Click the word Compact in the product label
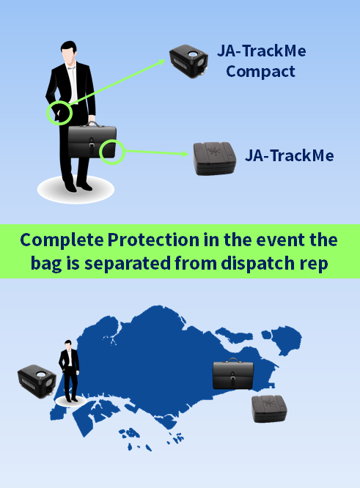pyautogui.click(x=260, y=72)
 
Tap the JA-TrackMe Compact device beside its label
pyautogui.click(x=188, y=61)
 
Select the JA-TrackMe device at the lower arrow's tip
pyautogui.click(x=215, y=158)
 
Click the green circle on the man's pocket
pyautogui.click(x=59, y=113)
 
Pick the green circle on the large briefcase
pyautogui.click(x=112, y=152)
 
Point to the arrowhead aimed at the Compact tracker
pyautogui.click(x=161, y=62)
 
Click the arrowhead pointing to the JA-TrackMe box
pyautogui.click(x=185, y=154)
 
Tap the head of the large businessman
pyautogui.click(x=68, y=53)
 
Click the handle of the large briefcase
pyautogui.click(x=92, y=124)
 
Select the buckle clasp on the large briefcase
pyautogui.click(x=91, y=146)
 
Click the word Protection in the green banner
pyautogui.click(x=153, y=240)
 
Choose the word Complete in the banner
pyautogui.click(x=62, y=240)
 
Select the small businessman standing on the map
pyautogui.click(x=69, y=371)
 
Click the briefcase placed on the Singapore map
pyautogui.click(x=233, y=374)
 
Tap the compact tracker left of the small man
pyautogui.click(x=37, y=381)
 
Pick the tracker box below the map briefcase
pyautogui.click(x=269, y=409)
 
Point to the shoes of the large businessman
pyautogui.click(x=78, y=188)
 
